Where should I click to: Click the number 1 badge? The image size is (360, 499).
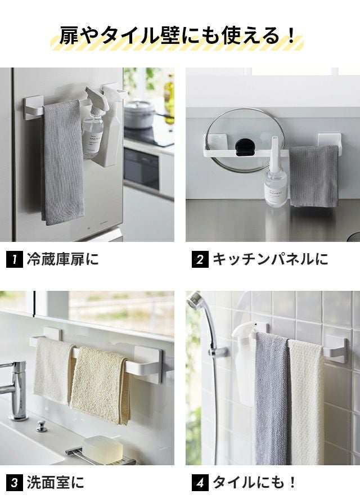(15, 259)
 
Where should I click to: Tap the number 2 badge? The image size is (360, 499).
(200, 259)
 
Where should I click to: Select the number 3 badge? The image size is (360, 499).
(15, 483)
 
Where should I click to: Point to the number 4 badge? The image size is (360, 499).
(200, 483)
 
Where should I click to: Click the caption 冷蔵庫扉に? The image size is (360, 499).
(62, 259)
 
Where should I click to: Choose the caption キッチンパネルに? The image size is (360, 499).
(271, 259)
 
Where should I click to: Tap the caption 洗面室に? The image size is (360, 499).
(55, 483)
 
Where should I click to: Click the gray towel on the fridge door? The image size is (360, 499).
(62, 163)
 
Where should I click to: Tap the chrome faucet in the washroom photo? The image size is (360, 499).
(14, 390)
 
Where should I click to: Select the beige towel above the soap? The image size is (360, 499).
(100, 384)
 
